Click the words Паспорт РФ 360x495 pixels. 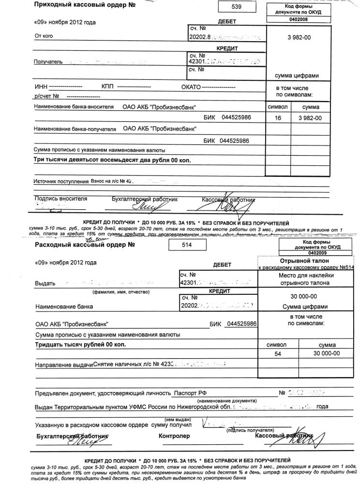point(190,393)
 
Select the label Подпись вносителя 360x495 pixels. point(61,199)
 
